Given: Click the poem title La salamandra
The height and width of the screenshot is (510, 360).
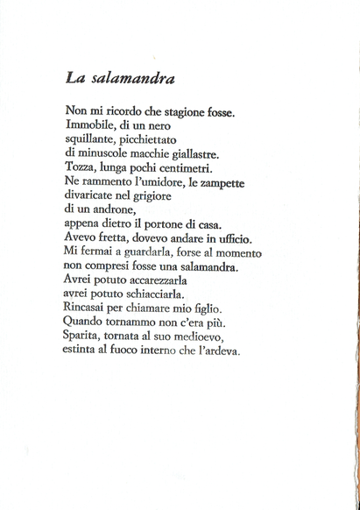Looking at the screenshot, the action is tap(121, 78).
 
